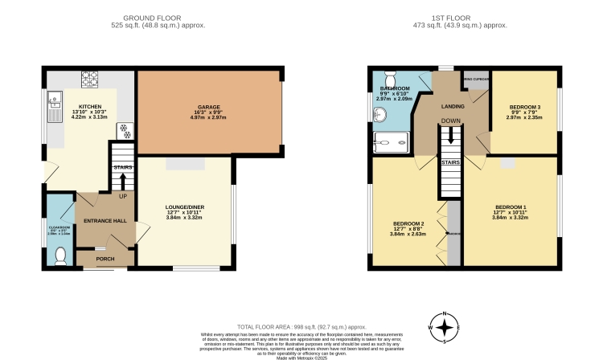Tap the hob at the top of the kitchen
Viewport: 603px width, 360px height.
tap(89, 80)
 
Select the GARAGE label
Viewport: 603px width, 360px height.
tap(209, 107)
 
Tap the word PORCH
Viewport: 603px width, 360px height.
tap(105, 259)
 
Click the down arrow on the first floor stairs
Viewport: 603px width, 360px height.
tap(450, 134)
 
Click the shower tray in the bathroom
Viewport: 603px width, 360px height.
tap(389, 144)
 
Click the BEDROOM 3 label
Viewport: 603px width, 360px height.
tap(525, 107)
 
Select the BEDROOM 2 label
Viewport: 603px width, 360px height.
tap(408, 223)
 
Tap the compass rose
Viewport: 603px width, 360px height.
tap(444, 327)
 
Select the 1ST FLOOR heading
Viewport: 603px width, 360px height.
tap(454, 18)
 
